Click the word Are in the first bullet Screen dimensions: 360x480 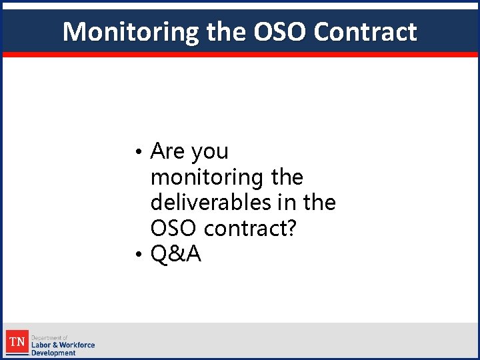tap(168, 151)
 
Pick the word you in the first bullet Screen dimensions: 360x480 tap(209, 152)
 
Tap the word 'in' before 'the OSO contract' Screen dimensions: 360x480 tap(290, 202)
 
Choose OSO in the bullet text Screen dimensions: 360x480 tap(174, 228)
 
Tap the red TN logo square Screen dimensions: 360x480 tap(17, 342)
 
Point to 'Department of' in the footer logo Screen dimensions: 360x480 tap(49, 337)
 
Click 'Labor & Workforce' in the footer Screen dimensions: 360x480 tap(63, 345)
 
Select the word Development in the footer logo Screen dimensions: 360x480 tap(53, 353)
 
